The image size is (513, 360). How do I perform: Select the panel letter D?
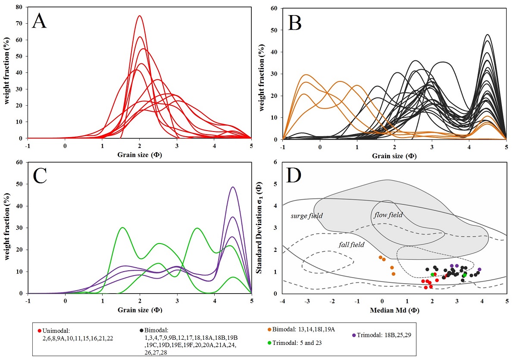295,177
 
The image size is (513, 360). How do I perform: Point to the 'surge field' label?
307,216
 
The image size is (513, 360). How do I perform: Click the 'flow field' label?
388,214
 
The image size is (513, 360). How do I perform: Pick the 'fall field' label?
351,244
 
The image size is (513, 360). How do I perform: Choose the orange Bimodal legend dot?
269,329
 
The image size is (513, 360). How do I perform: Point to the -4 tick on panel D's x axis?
282,301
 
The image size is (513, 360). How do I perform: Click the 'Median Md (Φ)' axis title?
394,310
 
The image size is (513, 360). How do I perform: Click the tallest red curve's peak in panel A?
139,16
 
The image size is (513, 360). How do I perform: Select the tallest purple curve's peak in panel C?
233,187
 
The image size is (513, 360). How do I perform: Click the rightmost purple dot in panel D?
479,269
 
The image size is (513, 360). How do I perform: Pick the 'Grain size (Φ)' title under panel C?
139,310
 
